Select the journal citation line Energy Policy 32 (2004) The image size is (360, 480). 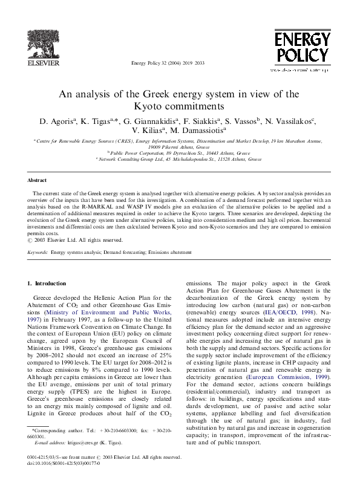[172, 62]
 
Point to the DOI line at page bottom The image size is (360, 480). [60, 463]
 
